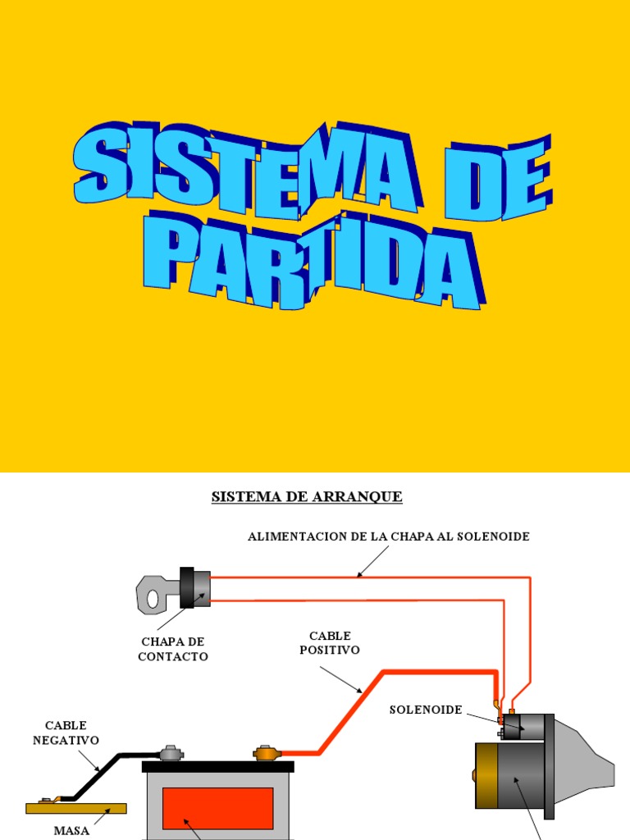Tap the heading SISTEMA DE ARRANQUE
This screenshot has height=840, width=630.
click(x=307, y=497)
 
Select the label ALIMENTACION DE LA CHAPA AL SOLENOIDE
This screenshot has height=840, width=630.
click(x=389, y=536)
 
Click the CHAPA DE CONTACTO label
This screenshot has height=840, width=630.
click(x=172, y=649)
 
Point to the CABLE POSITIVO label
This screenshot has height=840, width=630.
click(x=330, y=643)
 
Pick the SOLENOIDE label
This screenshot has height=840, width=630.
click(x=426, y=709)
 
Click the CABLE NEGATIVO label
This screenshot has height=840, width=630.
click(x=66, y=733)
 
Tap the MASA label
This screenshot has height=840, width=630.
click(x=71, y=830)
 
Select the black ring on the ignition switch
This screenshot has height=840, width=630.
click(x=187, y=587)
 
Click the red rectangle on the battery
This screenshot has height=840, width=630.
click(x=217, y=808)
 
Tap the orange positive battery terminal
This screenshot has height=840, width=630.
click(x=267, y=751)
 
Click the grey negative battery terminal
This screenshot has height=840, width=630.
click(x=171, y=751)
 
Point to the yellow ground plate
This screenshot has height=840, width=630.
click(x=76, y=808)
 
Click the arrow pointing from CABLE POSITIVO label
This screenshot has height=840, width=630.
click(x=340, y=679)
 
